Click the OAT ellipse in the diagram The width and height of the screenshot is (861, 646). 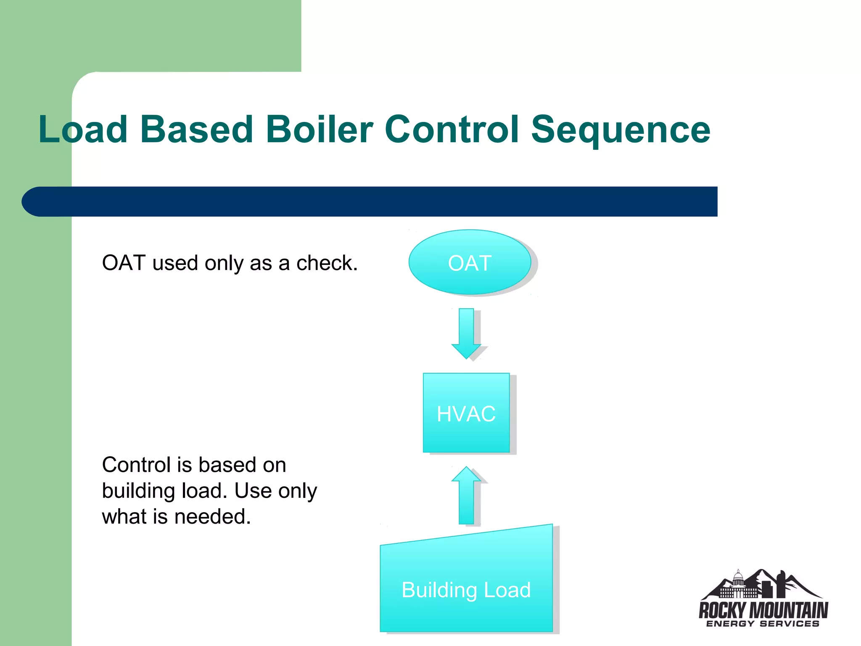point(470,262)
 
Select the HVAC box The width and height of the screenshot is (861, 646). point(466,413)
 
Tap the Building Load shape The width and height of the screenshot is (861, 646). point(466,589)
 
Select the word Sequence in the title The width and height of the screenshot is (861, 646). point(621,130)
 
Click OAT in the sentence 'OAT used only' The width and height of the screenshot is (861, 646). point(124,263)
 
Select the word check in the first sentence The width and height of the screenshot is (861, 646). point(326,263)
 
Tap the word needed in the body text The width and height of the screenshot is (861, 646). point(212,516)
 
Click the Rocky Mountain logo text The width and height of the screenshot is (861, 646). point(763,609)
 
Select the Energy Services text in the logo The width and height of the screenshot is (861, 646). point(763,624)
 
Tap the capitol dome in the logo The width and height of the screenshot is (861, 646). point(738,580)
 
